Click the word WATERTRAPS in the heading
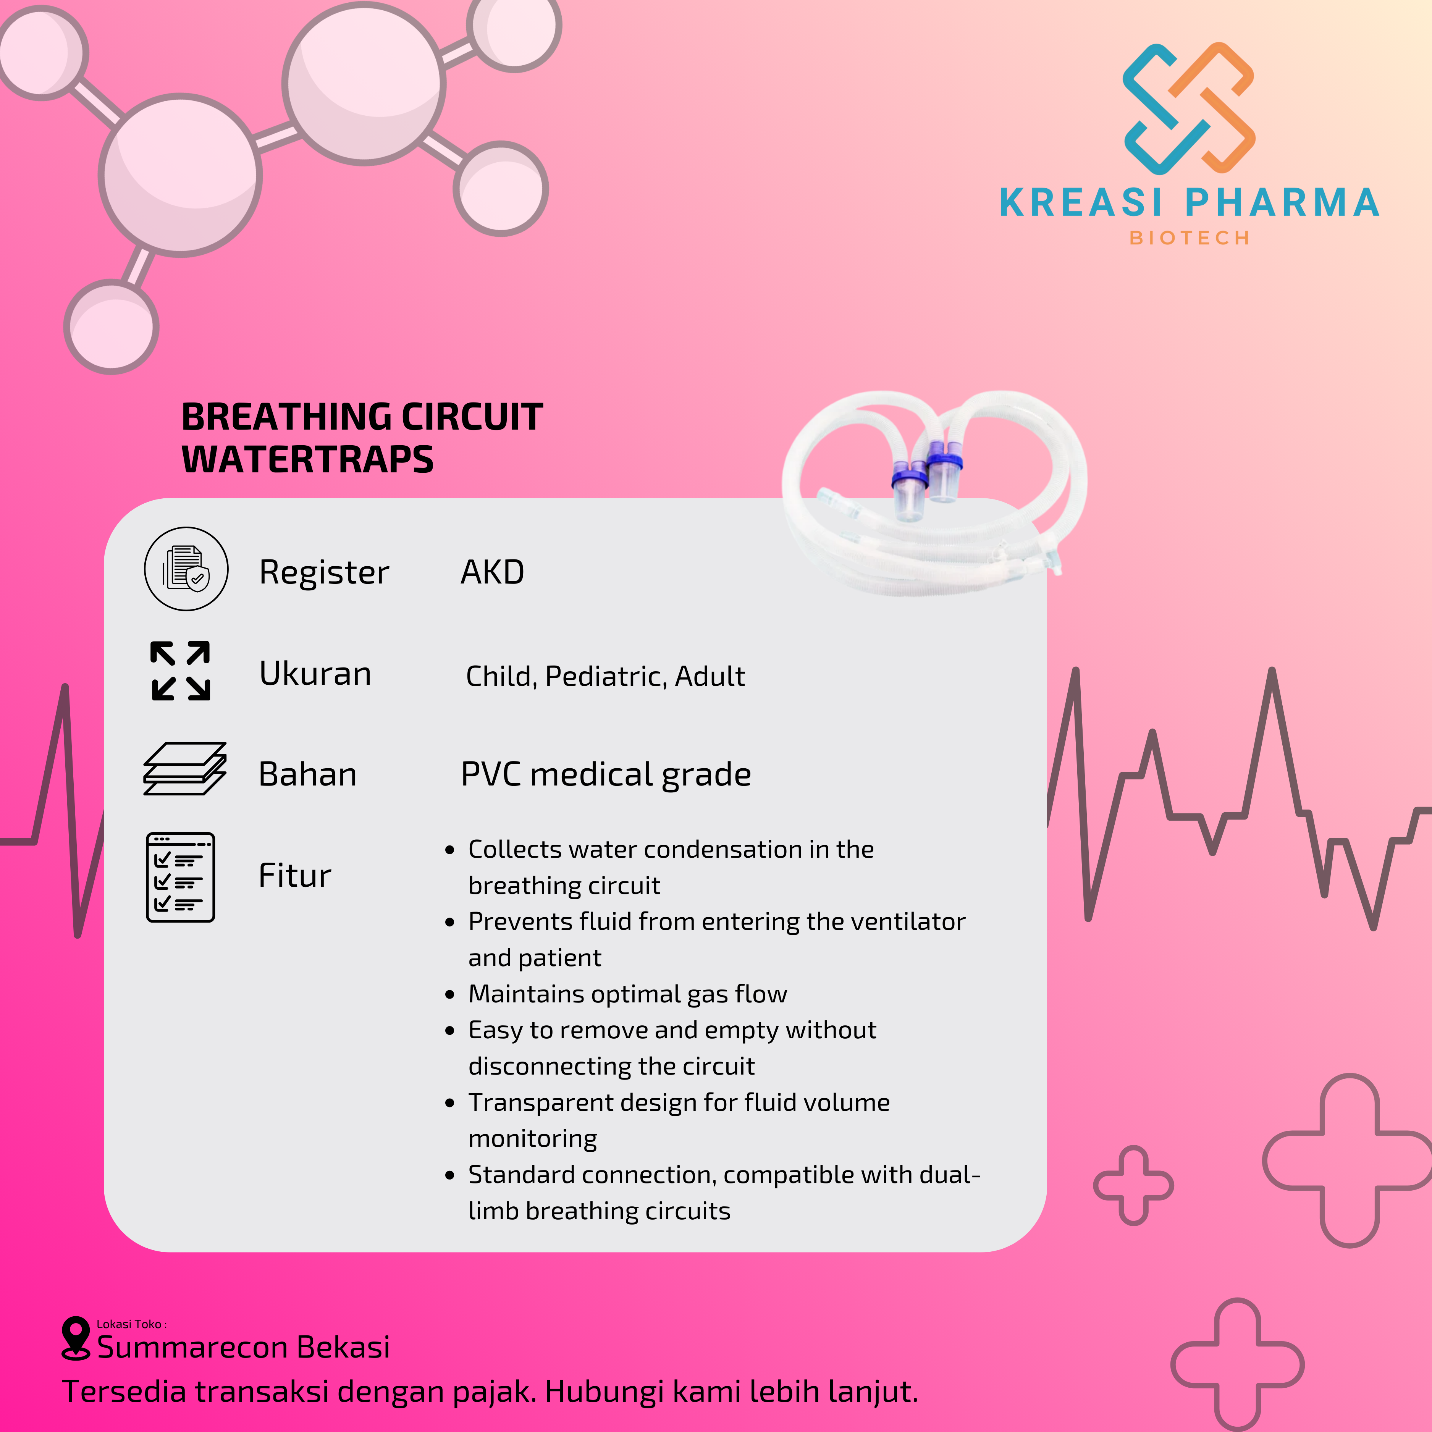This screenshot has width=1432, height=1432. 308,459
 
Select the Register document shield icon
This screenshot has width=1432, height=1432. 186,569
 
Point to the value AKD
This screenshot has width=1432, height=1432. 492,572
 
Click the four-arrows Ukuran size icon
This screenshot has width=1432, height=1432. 180,671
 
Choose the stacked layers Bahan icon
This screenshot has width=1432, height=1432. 184,769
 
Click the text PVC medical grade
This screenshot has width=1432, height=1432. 606,774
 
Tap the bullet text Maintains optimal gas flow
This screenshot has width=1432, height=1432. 627,994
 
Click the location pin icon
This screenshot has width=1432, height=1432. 76,1338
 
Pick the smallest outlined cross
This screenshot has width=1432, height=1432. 1133,1185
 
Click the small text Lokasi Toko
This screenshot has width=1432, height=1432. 131,1324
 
